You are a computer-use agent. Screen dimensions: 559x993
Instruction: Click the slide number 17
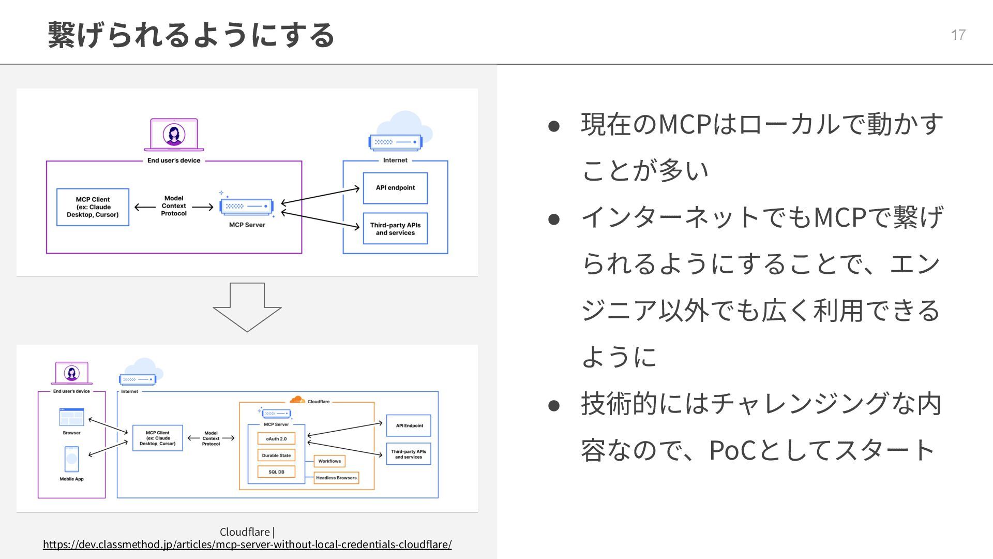958,35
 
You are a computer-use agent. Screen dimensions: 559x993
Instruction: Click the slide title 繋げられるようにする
191,35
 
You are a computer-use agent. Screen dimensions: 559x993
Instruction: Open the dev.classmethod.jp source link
247,544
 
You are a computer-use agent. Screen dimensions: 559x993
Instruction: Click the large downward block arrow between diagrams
247,306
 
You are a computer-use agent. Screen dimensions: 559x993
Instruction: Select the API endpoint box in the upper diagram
395,188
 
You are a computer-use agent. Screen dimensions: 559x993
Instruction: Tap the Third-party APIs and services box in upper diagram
395,229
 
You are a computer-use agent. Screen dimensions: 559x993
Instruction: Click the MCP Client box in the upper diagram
93,207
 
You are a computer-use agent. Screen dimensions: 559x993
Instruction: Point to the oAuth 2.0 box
276,439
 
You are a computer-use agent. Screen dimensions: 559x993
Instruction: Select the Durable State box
276,455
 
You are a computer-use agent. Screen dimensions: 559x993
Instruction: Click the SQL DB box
276,472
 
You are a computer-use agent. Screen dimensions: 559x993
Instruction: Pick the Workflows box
329,461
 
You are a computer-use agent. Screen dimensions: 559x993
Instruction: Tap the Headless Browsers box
336,478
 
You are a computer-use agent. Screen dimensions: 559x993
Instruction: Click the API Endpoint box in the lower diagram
409,425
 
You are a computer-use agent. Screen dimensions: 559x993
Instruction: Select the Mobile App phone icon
71,459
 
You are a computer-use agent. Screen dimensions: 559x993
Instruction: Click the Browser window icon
71,417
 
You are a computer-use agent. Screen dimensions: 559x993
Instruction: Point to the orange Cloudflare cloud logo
297,400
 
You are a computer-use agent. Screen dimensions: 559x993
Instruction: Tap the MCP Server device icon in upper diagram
247,206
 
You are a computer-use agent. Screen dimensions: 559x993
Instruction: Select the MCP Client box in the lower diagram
157,438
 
